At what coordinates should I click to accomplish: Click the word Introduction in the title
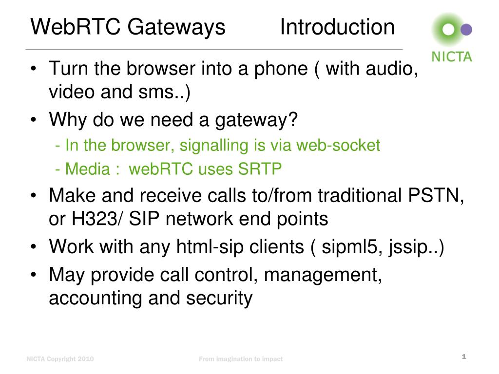[x=337, y=27]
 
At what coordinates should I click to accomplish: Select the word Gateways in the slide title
[x=177, y=27]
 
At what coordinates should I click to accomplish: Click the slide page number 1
[x=464, y=357]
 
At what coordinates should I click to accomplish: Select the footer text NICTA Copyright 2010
[x=60, y=359]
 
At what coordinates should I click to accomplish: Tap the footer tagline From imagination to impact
[x=241, y=359]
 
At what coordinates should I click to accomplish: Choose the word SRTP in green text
[x=260, y=169]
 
